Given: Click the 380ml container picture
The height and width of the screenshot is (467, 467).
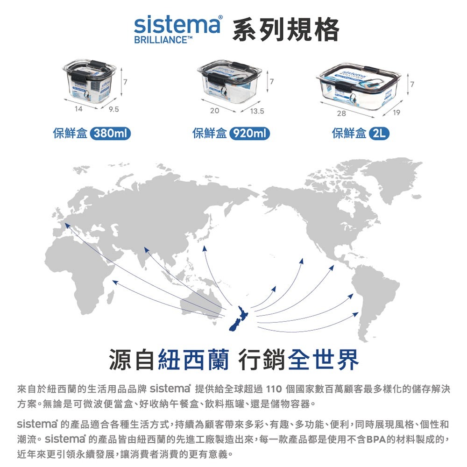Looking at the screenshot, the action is (x=91, y=83).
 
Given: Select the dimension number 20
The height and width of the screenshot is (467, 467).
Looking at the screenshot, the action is (x=215, y=111).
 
